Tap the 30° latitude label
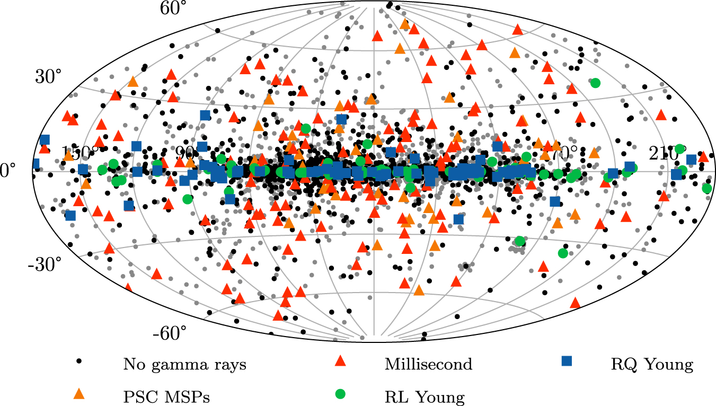coord(48,76)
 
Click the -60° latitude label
coord(170,333)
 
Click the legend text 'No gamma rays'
coord(184,365)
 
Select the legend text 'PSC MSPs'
coord(166,396)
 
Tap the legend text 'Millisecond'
coord(428,365)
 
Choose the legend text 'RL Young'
coord(425,396)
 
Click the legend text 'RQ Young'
coord(652,365)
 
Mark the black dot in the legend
coord(79,361)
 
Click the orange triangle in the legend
coord(79,393)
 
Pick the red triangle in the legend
coord(340,361)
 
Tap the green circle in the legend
coord(340,393)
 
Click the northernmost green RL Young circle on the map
coord(595,83)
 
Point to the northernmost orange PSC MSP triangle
coord(405,24)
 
